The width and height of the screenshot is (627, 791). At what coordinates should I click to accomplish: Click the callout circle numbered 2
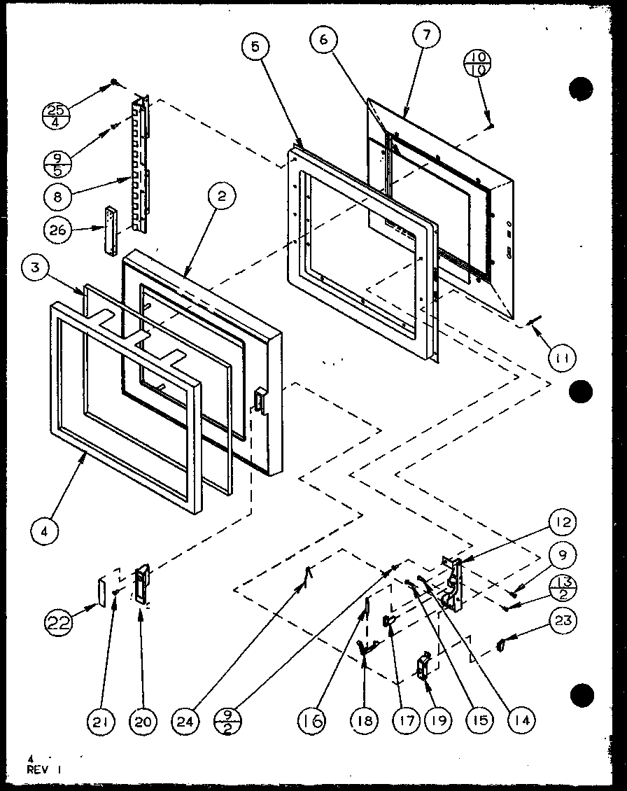tap(222, 198)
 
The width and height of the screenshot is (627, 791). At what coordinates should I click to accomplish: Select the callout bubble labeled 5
tap(255, 48)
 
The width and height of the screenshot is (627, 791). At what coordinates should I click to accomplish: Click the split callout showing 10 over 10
tap(479, 64)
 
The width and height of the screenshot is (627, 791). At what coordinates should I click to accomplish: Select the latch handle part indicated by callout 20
tap(142, 583)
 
